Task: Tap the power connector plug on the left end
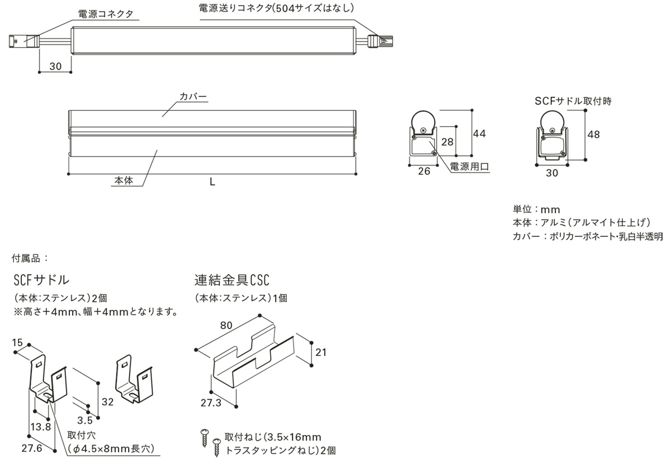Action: pos(22,40)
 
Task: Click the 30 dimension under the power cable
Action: pos(55,65)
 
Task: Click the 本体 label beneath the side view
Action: pos(124,180)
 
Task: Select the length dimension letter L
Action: pos(212,182)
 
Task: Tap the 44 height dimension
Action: pos(479,134)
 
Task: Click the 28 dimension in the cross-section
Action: pos(447,142)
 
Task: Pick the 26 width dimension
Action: pos(424,171)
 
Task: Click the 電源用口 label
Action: pos(470,167)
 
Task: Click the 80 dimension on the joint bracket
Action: pos(225,324)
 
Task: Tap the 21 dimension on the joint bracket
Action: pos(321,352)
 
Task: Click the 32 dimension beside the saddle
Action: pos(108,401)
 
